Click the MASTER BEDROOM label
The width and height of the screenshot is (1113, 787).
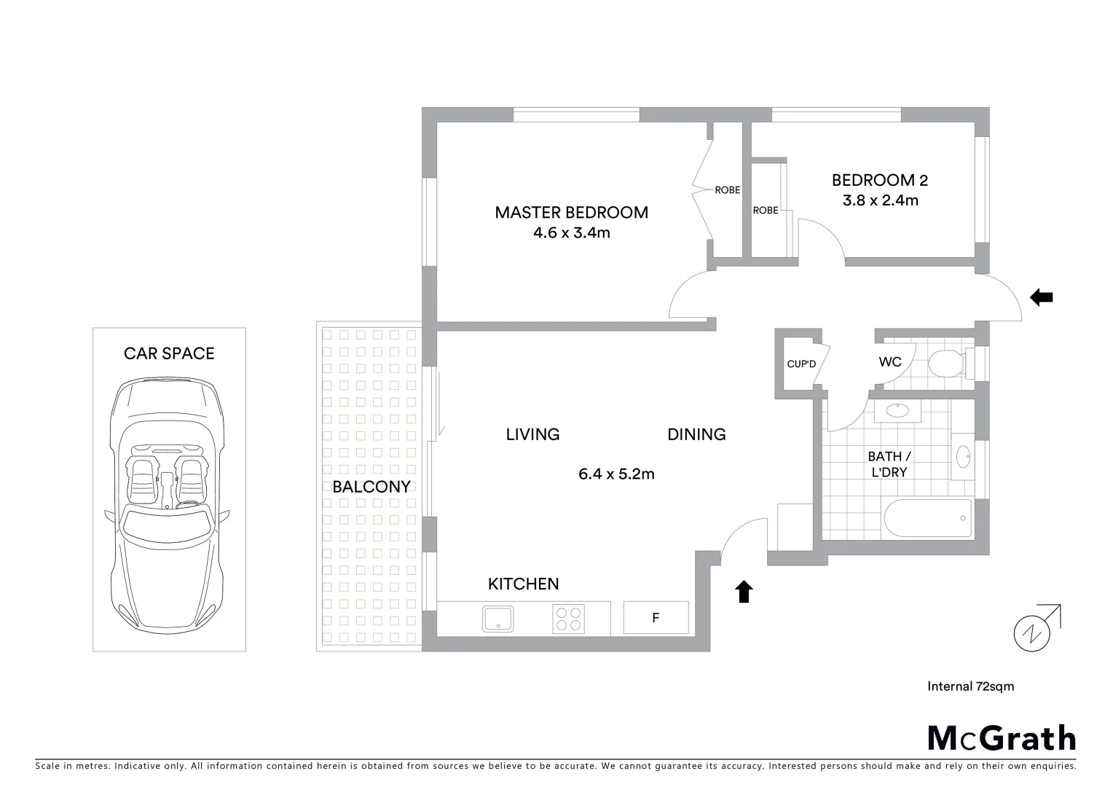571,212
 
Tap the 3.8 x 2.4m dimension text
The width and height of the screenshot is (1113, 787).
880,200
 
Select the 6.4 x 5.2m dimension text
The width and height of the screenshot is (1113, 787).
616,474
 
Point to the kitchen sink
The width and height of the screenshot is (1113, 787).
498,619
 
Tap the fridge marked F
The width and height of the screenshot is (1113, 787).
656,618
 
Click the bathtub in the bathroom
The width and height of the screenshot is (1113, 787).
927,519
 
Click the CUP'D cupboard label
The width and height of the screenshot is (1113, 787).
801,364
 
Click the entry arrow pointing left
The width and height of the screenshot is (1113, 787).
1042,297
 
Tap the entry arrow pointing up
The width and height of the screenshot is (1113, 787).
743,592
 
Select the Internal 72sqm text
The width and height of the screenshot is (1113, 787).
970,686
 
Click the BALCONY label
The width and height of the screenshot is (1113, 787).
371,487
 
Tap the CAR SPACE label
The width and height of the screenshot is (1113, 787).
169,353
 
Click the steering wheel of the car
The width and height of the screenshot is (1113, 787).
187,503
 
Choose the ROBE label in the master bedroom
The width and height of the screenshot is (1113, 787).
727,190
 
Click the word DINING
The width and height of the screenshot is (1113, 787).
696,434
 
